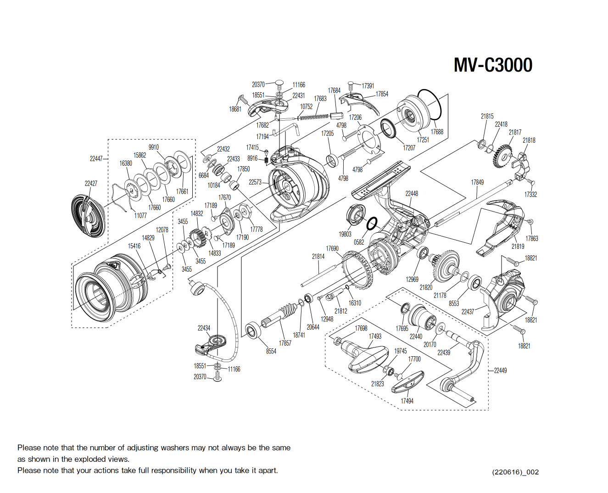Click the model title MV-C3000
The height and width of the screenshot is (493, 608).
(x=493, y=65)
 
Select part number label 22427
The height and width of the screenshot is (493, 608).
(x=91, y=183)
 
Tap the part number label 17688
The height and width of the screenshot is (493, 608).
(x=437, y=132)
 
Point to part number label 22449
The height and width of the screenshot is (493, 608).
(x=500, y=370)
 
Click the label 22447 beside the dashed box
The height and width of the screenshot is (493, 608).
(x=96, y=159)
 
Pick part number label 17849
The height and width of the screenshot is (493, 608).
(x=477, y=182)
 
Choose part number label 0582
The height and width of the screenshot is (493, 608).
(x=359, y=242)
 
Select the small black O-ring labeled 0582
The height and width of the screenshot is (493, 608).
(x=372, y=224)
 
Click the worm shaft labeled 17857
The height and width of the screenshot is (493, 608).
(x=281, y=314)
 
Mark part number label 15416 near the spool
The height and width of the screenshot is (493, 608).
(x=134, y=246)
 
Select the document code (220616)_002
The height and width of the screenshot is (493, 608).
(x=515, y=472)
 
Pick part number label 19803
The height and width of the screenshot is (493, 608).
(x=345, y=234)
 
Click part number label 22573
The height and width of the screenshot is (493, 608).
(x=255, y=182)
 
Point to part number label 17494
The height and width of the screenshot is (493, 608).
(x=407, y=401)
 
